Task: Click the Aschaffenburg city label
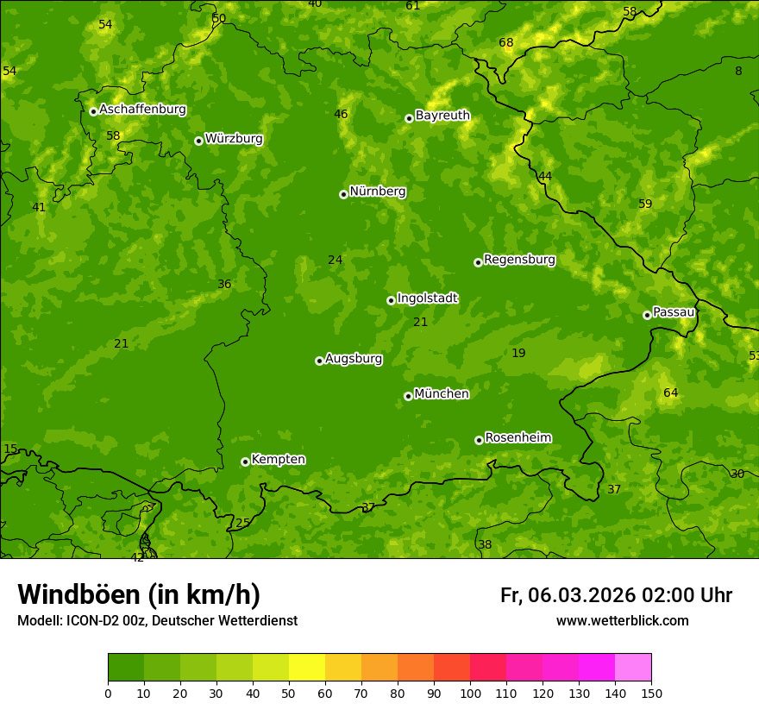142,110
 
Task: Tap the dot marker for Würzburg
198,141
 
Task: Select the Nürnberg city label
377,192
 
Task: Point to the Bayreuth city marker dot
409,118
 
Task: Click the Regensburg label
519,260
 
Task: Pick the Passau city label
674,312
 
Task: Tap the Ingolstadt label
427,298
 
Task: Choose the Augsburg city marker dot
319,361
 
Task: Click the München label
442,394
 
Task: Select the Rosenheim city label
517,438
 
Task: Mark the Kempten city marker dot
245,462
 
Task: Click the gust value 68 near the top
506,43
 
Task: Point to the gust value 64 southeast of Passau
671,393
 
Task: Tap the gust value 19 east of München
518,353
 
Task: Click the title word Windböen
78,594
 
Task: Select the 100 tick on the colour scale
470,692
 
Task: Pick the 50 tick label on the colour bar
289,692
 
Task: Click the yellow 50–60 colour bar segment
307,667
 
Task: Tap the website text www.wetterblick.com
622,620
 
